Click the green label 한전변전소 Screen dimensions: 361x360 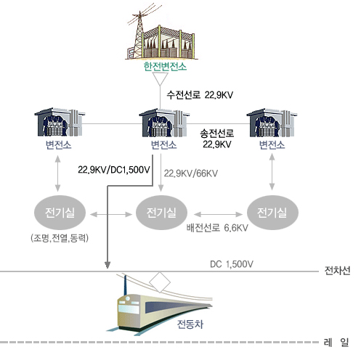[165, 67]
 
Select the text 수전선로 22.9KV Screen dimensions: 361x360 [200, 95]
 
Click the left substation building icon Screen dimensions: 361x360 [60, 122]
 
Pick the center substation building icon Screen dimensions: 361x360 [164, 123]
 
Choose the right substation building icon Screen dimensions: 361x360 [272, 123]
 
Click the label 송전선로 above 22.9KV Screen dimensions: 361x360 [217, 134]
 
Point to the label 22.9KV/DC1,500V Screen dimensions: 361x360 [114, 170]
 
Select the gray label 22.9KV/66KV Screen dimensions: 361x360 [191, 173]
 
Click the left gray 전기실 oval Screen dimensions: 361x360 [60, 213]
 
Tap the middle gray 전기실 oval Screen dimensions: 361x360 [161, 213]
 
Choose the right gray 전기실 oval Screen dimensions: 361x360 [272, 213]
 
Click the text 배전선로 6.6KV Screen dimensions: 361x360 [217, 228]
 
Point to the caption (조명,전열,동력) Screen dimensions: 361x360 [60, 238]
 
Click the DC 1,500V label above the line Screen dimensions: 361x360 [232, 264]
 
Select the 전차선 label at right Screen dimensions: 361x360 [337, 271]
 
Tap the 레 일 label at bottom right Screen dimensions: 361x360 [336, 343]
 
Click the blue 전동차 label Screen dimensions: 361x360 [190, 324]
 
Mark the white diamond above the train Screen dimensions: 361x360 [160, 282]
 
